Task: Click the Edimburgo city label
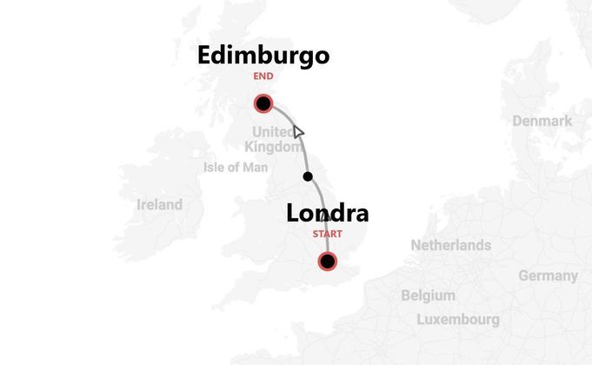coord(263,56)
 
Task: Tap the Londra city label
coord(327,214)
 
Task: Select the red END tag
coord(263,76)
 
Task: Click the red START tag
coord(327,235)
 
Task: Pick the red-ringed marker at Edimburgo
coord(263,104)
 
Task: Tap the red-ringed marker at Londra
coord(328,261)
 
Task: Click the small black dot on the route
coord(308,176)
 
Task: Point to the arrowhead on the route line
coord(297,131)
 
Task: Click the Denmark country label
coord(542,121)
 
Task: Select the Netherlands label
coord(450,245)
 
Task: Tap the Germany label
coord(548,275)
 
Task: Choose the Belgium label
coord(428,295)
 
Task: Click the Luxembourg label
coord(458,319)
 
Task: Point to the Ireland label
coord(160,205)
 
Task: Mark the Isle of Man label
coord(236,167)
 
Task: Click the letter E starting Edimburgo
coord(206,56)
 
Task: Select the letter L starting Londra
coord(294,214)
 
